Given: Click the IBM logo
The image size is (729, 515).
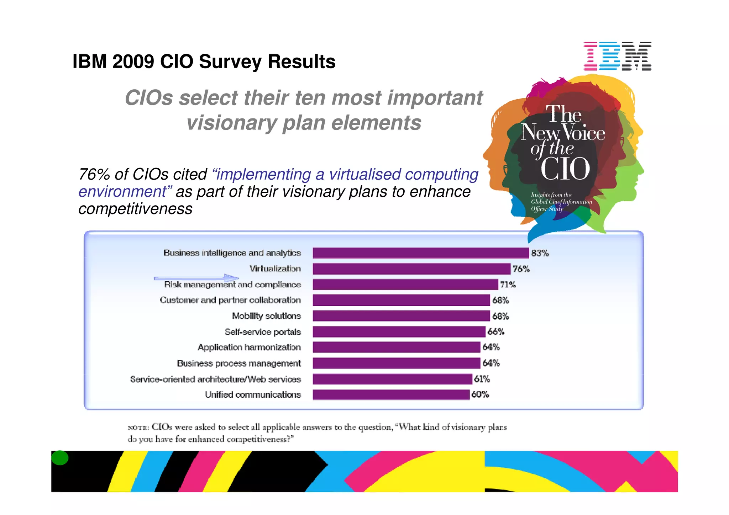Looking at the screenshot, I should tap(617, 56).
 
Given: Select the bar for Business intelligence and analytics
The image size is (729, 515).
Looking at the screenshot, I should tap(420, 253).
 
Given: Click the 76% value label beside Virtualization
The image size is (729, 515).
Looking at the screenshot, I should tap(521, 269).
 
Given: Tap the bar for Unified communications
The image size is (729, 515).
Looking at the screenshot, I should tap(391, 394).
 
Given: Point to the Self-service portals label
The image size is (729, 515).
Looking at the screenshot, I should tap(263, 332).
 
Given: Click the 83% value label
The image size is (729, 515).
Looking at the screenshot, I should tap(540, 253).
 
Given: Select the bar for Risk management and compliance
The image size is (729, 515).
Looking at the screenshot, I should tap(405, 285).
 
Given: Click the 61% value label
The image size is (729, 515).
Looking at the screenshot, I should tap(482, 379).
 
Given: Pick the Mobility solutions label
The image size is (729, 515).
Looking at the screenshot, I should tap(266, 316).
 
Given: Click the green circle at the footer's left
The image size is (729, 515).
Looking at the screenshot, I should tap(60, 458).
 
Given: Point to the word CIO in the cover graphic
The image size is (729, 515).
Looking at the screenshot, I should tap(565, 169).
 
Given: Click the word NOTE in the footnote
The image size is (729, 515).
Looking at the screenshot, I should tap(138, 428).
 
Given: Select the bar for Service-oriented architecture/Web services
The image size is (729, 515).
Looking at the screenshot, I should tap(392, 379).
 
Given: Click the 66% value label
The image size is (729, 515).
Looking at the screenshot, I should tap(495, 332).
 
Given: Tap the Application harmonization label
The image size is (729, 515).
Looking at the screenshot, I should tap(249, 347).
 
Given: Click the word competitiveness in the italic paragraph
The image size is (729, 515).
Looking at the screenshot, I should tap(135, 209).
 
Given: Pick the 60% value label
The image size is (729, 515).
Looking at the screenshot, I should tap(480, 394).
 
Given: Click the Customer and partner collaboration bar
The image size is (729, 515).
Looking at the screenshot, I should tap(401, 300).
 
